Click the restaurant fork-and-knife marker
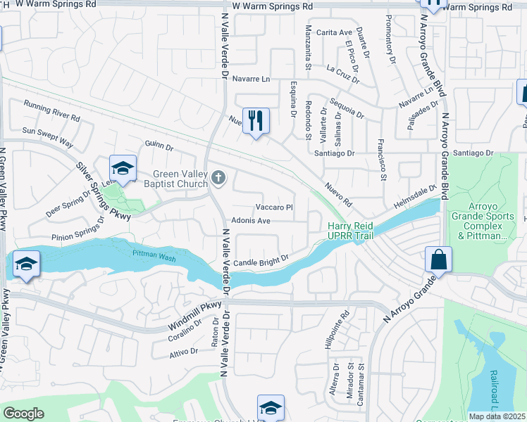[256, 120]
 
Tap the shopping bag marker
[438, 259]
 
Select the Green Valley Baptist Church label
[181, 180]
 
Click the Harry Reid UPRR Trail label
[350, 231]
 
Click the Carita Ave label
[334, 33]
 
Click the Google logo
[23, 414]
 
